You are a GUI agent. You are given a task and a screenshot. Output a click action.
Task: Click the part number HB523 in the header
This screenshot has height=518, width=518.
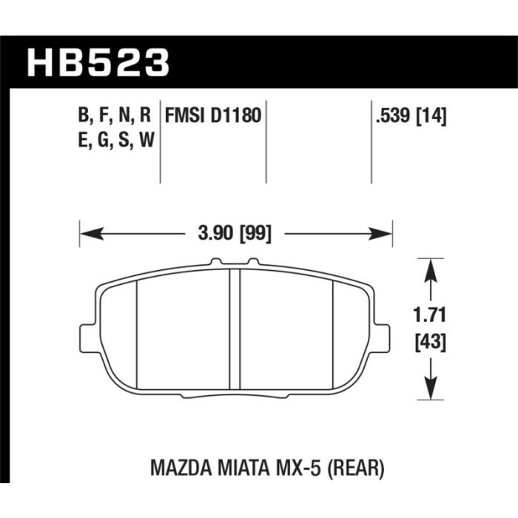click(98, 63)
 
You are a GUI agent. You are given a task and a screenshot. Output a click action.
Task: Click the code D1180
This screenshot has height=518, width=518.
click(236, 115)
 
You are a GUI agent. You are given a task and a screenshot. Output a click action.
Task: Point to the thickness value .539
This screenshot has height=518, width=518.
click(393, 116)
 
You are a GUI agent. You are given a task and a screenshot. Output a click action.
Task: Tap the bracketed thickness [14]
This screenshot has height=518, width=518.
click(431, 116)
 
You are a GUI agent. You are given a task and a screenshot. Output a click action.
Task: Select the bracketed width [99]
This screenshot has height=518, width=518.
click(255, 234)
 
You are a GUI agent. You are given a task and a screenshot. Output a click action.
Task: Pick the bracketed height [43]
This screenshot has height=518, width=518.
click(430, 342)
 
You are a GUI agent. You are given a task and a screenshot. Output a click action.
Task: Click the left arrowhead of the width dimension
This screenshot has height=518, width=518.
click(92, 234)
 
